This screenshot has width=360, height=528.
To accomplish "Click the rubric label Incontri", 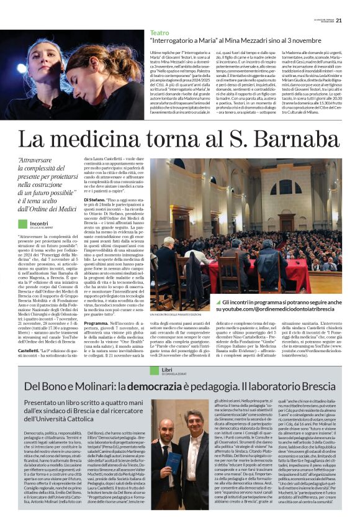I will (39, 223).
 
